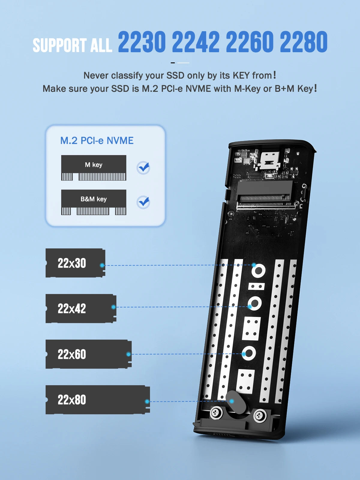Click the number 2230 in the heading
[142, 42]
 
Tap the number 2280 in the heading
[303, 42]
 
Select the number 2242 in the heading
[196, 42]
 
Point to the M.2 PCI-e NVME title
[97, 141]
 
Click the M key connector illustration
[94, 168]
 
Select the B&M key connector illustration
[94, 202]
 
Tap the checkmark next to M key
[143, 168]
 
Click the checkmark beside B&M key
[143, 202]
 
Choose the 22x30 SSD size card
[75, 263]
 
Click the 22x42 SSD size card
[80, 309]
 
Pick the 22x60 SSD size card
[88, 354]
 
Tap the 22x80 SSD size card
[97, 400]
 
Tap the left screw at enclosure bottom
[216, 413]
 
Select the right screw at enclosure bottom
[260, 416]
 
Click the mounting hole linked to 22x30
[258, 271]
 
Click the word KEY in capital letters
[241, 76]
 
